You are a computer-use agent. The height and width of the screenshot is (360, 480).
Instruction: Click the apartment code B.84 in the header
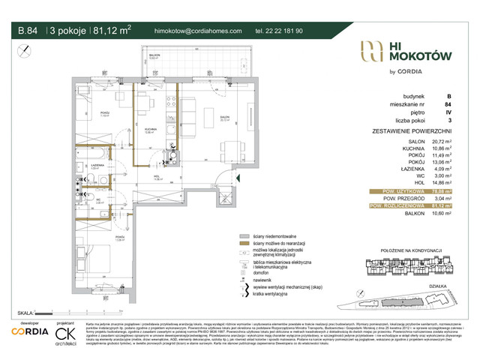pyautogui.click(x=28, y=31)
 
